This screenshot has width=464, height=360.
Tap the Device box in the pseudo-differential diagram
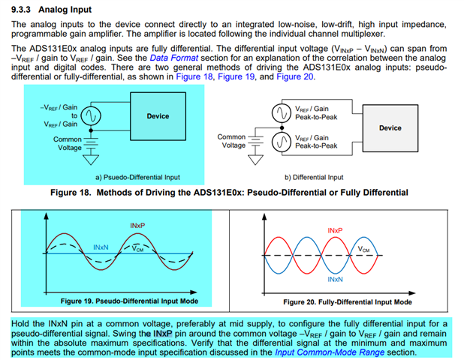[158, 116]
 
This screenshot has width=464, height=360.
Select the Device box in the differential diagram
[390, 128]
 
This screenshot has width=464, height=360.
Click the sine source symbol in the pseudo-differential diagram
[91, 116]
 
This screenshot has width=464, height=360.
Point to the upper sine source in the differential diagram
[281, 112]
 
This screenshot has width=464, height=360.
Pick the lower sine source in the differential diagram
[281, 142]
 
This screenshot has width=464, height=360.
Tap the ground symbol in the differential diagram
[258, 157]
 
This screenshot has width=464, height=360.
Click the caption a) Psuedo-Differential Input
[137, 178]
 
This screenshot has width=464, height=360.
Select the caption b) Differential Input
[314, 178]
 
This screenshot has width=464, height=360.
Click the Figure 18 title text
[229, 193]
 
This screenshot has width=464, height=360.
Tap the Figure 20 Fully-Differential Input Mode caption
[348, 301]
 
